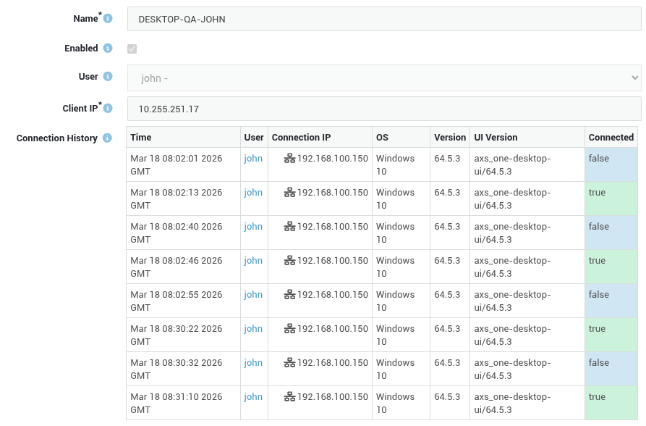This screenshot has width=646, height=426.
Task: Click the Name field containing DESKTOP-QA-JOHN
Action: [384, 19]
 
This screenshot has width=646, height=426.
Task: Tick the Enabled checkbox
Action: [132, 49]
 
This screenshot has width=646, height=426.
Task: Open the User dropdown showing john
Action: [384, 78]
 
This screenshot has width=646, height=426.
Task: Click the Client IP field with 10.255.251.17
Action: [384, 109]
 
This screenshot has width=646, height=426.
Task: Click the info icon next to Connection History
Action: [107, 138]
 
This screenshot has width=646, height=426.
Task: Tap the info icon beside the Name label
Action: [108, 19]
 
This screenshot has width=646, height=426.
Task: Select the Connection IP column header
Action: [301, 138]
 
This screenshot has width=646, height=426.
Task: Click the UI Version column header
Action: [496, 138]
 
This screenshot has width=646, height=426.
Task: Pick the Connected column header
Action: [611, 138]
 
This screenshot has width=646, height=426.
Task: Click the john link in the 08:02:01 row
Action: [253, 159]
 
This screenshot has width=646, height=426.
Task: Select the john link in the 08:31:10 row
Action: [253, 397]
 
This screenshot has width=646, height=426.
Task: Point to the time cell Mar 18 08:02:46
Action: [177, 267]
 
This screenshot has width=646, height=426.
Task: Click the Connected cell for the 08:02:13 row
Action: [611, 199]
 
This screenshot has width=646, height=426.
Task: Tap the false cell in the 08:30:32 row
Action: [611, 369]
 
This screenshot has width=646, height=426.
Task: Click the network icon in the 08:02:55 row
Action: [289, 295]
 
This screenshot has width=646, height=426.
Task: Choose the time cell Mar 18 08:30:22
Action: [177, 335]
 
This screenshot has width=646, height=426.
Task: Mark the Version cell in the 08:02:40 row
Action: [447, 227]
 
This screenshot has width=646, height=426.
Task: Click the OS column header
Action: [383, 138]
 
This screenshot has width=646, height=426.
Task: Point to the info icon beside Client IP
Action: [108, 108]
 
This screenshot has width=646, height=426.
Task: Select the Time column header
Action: [141, 138]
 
